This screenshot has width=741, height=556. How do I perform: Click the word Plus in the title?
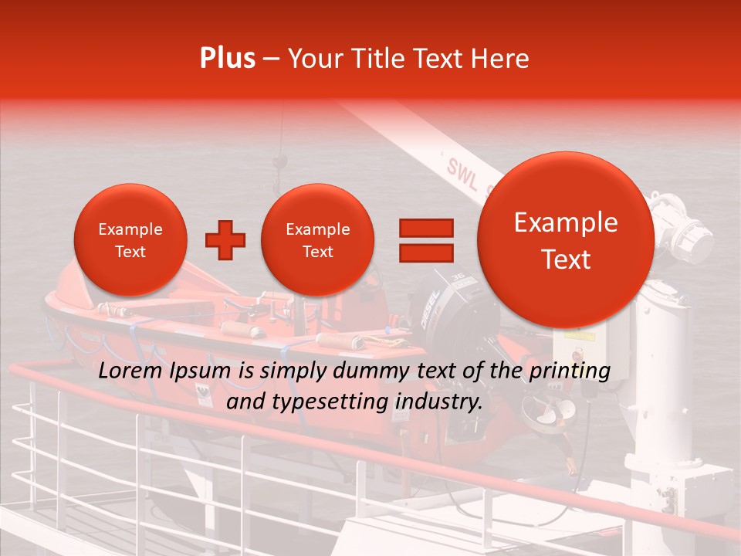(x=227, y=59)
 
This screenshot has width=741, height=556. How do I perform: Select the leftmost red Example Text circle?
(x=130, y=240)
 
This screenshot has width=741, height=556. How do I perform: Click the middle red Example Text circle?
(x=317, y=240)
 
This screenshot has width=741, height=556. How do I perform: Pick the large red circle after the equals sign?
(x=566, y=240)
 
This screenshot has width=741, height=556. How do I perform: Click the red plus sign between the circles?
(x=225, y=240)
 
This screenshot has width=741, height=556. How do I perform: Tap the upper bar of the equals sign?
(x=425, y=228)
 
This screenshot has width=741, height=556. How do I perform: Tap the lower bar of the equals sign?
(x=425, y=253)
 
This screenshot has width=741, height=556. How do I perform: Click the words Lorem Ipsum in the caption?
(x=164, y=371)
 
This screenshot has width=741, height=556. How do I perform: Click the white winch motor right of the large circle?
(x=679, y=232)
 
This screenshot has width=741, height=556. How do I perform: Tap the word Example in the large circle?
(x=566, y=222)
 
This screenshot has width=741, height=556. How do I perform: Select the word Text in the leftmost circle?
(x=130, y=252)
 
